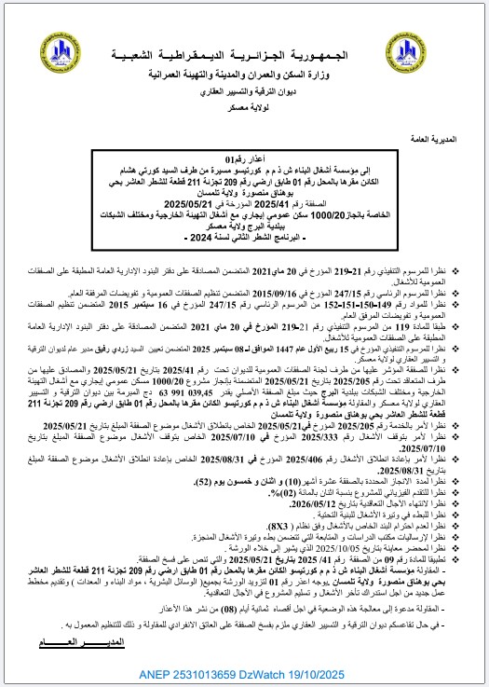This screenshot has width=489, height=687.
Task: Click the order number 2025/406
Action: (x=264, y=431)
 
